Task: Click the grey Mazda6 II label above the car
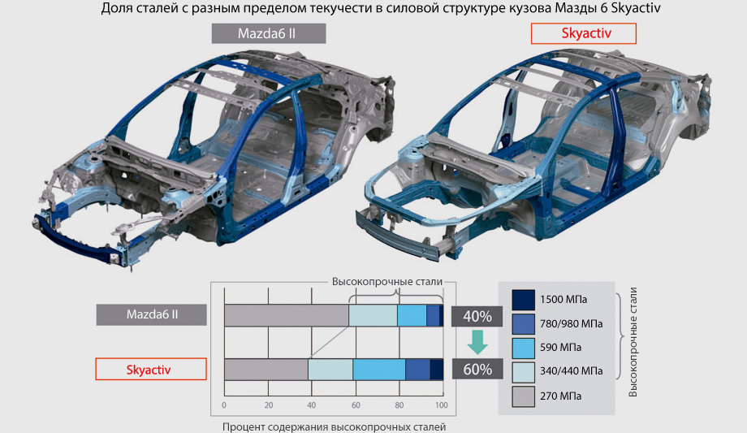pos(269,33)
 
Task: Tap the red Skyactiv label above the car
pos(584,33)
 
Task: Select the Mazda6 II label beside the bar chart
pos(152,314)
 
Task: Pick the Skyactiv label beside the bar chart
pos(151,369)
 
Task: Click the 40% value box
pos(477,316)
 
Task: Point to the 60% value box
pos(477,369)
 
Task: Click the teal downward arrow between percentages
pos(477,342)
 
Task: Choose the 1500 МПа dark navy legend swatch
pos(523,300)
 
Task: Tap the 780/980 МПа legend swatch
pos(523,324)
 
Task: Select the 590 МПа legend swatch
pos(523,348)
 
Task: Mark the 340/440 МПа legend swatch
pos(523,372)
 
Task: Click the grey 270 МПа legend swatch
pos(523,396)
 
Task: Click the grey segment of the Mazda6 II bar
pos(287,315)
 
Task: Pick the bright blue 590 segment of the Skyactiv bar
pos(379,370)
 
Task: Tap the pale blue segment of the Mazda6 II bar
pos(373,315)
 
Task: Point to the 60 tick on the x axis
pos(356,405)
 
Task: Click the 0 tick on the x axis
pos(224,405)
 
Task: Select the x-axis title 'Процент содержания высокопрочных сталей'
pos(334,427)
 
